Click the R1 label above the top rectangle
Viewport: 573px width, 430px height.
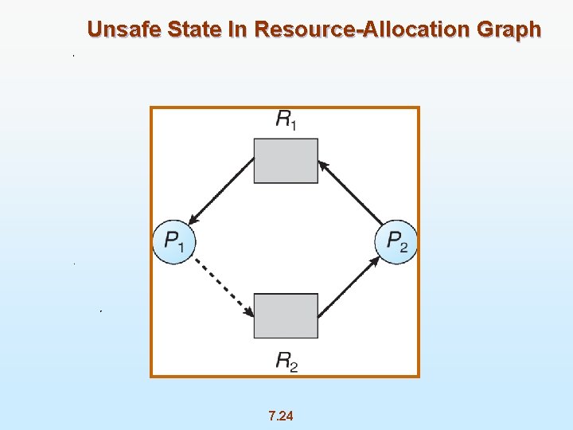click(286, 120)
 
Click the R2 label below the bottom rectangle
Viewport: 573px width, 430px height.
click(286, 362)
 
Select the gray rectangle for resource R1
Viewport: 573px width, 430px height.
click(286, 161)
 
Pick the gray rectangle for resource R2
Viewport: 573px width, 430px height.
click(286, 315)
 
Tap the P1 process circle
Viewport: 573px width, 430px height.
click(173, 240)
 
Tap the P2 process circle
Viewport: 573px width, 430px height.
click(396, 240)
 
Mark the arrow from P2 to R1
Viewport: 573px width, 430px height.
click(350, 191)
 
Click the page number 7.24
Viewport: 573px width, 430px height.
click(281, 415)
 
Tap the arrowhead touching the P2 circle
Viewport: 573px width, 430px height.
click(375, 260)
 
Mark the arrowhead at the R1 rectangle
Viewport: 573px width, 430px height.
click(322, 164)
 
